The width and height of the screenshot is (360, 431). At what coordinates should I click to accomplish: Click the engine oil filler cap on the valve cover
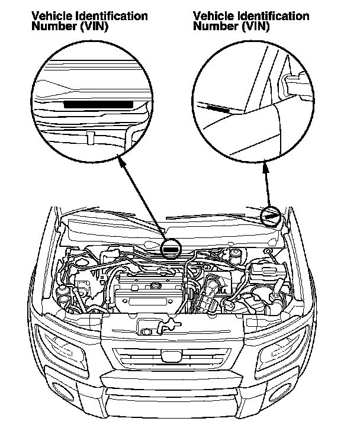pyautogui.click(x=156, y=287)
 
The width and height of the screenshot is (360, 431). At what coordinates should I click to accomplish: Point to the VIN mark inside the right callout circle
pyautogui.click(x=218, y=108)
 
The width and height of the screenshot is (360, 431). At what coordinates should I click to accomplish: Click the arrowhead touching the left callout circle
pyautogui.click(x=120, y=157)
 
